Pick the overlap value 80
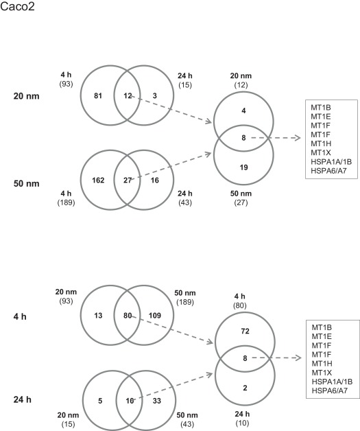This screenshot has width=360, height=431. click(128, 316)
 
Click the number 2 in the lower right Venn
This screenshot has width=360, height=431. click(244, 386)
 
